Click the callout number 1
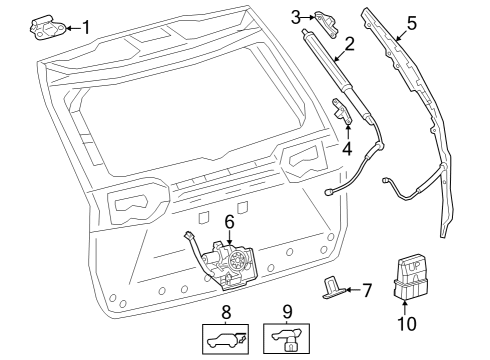86,27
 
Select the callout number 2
349,44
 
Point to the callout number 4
346,149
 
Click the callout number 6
229,220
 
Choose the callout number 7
366,291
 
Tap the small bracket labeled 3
326,17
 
